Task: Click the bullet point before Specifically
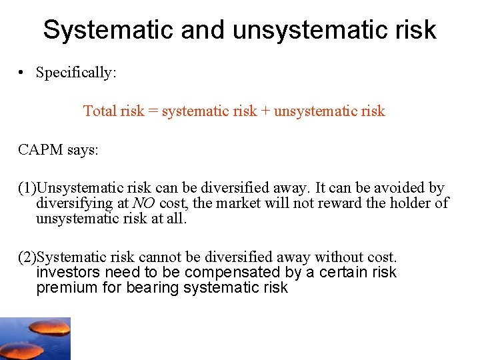(23, 73)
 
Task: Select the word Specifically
(76, 73)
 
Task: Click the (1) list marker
(27, 189)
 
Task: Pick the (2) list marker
(27, 257)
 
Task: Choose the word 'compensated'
(226, 273)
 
